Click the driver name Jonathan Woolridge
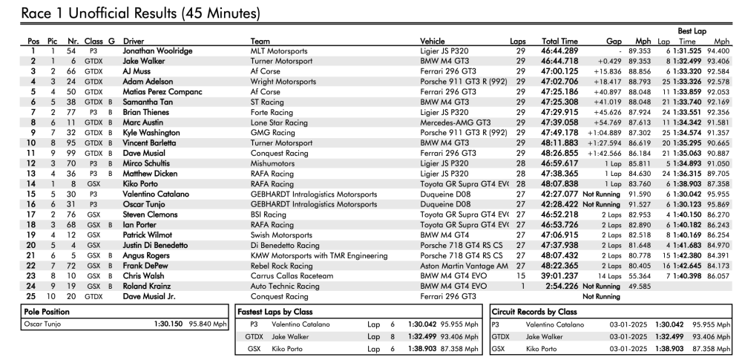157,50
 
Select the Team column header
260,42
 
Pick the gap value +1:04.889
606,133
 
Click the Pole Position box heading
45,312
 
